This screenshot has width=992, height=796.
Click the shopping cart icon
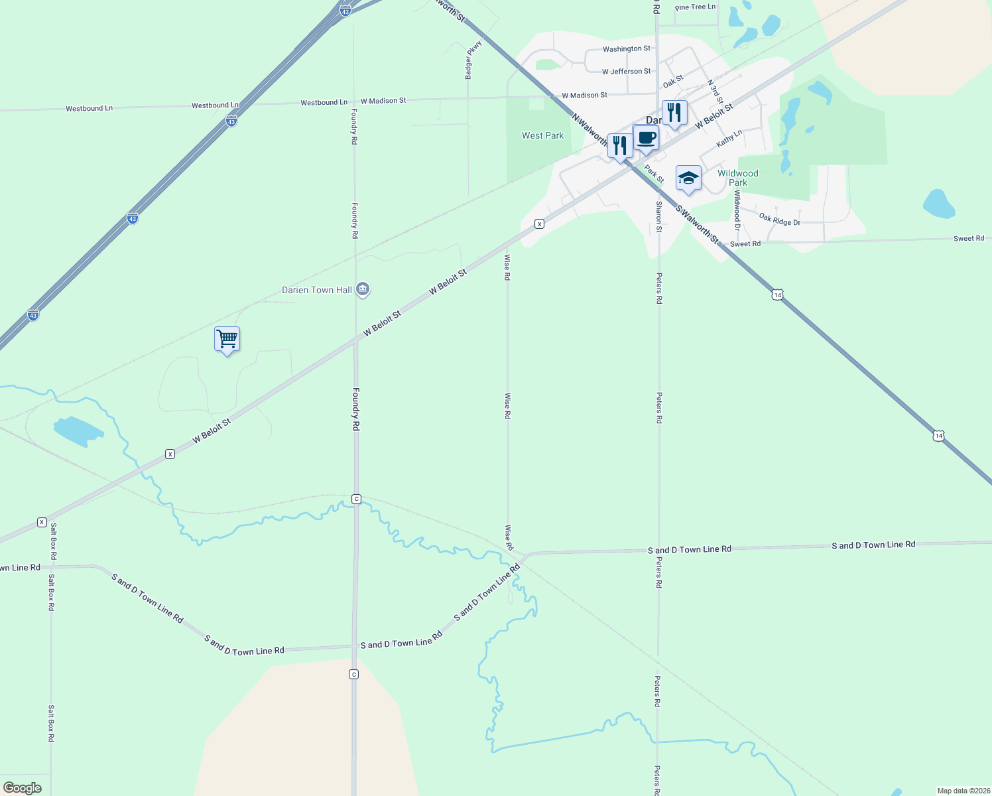tap(227, 339)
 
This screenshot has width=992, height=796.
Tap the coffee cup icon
tap(646, 139)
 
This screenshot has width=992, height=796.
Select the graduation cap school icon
tap(688, 178)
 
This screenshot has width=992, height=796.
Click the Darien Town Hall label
tap(317, 290)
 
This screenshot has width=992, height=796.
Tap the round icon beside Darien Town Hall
tap(362, 289)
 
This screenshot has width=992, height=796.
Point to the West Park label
tap(542, 135)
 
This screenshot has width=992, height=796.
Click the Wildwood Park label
tap(737, 178)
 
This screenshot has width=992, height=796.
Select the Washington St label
tap(626, 49)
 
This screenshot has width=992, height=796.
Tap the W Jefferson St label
tap(626, 72)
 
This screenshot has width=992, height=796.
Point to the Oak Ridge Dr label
tap(780, 220)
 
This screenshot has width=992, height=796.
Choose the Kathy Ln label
tap(729, 139)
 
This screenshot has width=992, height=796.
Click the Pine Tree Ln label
tap(695, 7)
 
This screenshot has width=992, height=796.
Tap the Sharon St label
tap(658, 217)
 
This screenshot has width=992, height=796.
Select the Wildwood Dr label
tap(737, 210)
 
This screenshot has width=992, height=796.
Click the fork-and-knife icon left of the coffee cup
tap(619, 146)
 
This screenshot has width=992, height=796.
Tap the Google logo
tap(23, 788)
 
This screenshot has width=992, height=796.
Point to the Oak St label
tap(673, 82)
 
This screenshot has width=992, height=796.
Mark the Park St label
tap(654, 174)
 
